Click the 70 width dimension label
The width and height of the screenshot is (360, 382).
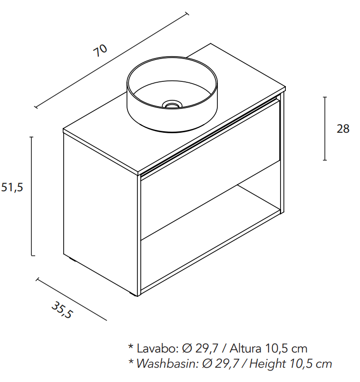(x=100, y=50)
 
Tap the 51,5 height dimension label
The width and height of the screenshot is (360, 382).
(x=12, y=187)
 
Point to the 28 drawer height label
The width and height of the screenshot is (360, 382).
(x=342, y=129)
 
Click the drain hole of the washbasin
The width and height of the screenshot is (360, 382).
(x=172, y=103)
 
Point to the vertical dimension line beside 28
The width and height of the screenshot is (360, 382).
(x=325, y=128)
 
